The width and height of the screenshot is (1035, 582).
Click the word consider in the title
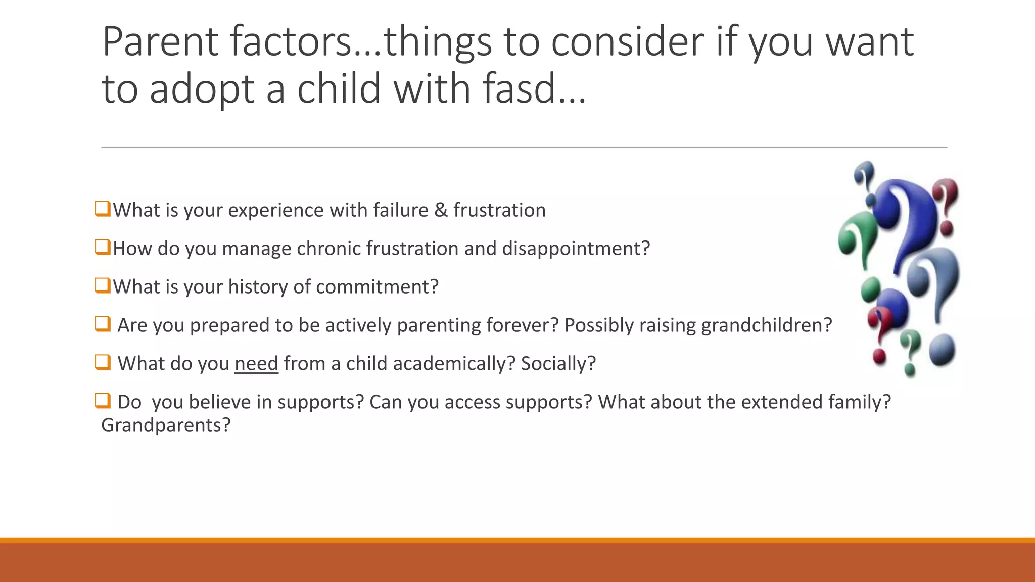[x=627, y=41]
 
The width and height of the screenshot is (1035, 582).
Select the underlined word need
[x=256, y=364]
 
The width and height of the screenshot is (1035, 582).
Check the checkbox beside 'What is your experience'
[x=103, y=209]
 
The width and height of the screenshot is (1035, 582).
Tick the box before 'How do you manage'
[x=103, y=247]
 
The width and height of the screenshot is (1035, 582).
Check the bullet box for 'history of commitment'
[x=103, y=285]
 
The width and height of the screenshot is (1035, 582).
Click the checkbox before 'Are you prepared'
[x=103, y=324]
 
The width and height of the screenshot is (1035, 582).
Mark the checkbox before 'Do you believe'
[x=103, y=401]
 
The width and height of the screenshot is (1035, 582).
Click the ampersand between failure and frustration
[x=441, y=210]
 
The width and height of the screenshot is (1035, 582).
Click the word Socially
[x=558, y=364]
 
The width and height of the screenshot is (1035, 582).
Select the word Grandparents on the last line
[x=165, y=425]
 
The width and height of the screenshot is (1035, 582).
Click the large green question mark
[x=857, y=237]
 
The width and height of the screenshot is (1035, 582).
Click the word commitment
[x=377, y=287]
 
